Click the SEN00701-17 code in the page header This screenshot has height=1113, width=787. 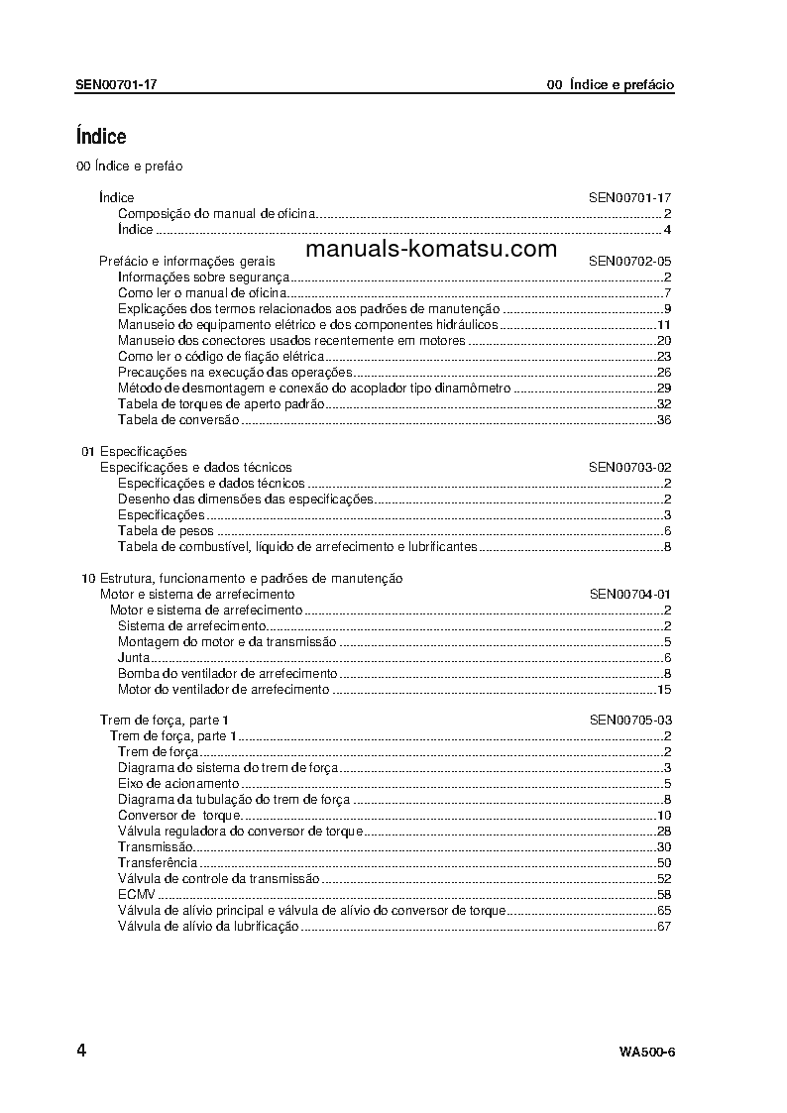coord(115,85)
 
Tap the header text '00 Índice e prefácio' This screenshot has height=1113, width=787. coord(610,85)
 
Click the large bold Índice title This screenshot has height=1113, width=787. coord(101,137)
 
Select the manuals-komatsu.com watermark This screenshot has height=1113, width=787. coord(431,250)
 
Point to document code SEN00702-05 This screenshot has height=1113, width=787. coord(630,261)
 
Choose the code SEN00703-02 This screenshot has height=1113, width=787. coord(630,467)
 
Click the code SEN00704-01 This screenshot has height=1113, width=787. coord(630,594)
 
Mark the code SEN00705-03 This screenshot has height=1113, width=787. coord(630,720)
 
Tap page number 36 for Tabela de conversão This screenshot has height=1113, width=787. coord(664,420)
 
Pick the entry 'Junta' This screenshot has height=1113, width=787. coord(134,657)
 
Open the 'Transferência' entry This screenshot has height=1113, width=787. coord(157,862)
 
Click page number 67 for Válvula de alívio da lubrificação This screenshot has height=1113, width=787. coord(664,926)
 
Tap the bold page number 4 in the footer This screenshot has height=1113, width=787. coord(80,1051)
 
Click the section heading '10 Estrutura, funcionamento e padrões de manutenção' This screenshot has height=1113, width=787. coord(242,578)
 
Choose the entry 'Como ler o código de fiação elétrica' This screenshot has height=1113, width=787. coord(220,356)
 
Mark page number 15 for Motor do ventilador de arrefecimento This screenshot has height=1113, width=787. coord(664,689)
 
